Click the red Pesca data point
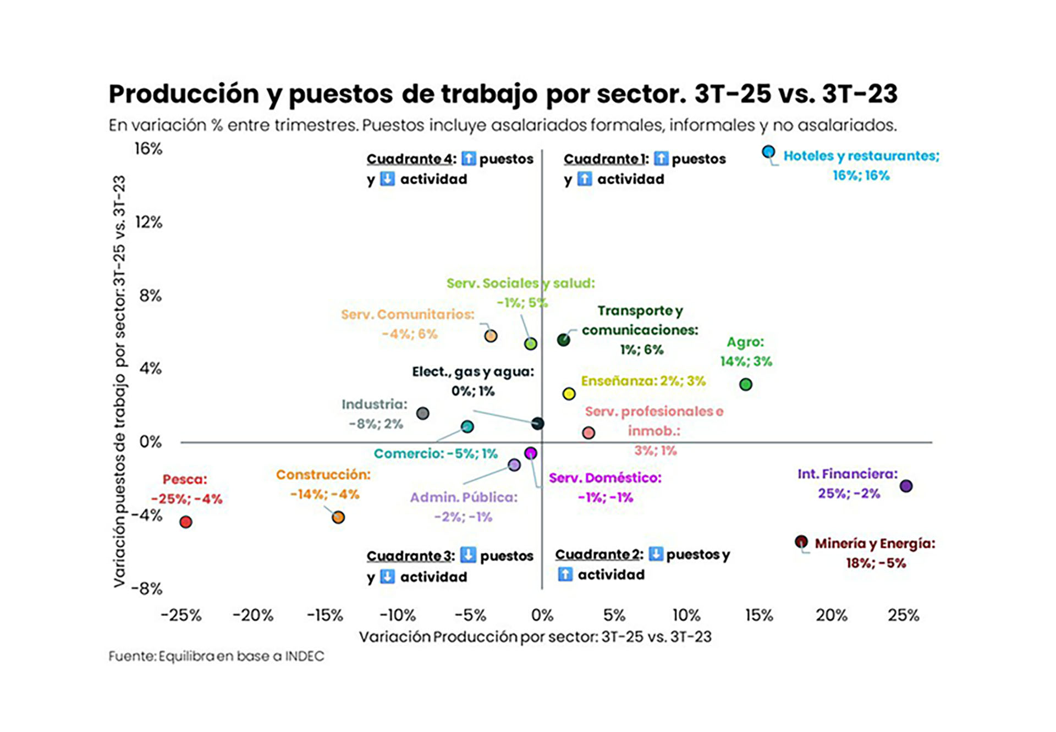tap(186, 522)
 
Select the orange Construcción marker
tap(338, 517)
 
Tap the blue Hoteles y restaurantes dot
tap(768, 152)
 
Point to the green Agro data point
tap(745, 384)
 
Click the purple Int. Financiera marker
tap(906, 486)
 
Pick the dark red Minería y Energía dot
tap(801, 542)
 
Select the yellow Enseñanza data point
tap(569, 393)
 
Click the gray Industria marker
tap(422, 413)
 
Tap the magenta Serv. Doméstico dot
tap(530, 453)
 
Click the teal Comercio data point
tap(467, 426)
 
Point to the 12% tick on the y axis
tap(148, 222)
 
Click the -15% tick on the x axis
tap(325, 615)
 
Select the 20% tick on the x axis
tap(831, 615)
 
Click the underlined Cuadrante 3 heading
tap(410, 556)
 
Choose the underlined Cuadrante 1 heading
tap(606, 159)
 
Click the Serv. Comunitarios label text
tap(407, 314)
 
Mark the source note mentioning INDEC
tap(216, 656)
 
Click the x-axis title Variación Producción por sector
tap(535, 637)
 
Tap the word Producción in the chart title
tap(184, 94)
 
